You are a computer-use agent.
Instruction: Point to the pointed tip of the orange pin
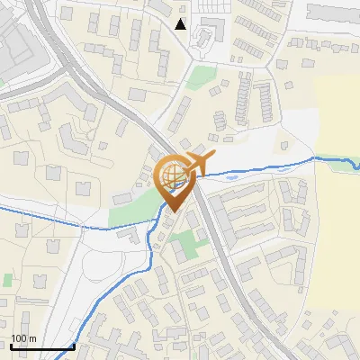pos(173,211)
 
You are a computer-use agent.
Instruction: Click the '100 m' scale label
pos(22,338)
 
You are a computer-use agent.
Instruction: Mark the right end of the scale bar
pos(74,347)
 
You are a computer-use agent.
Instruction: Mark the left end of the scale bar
pos(11,347)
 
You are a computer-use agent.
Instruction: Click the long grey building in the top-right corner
pos(333,12)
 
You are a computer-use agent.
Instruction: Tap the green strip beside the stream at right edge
pos(343,165)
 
